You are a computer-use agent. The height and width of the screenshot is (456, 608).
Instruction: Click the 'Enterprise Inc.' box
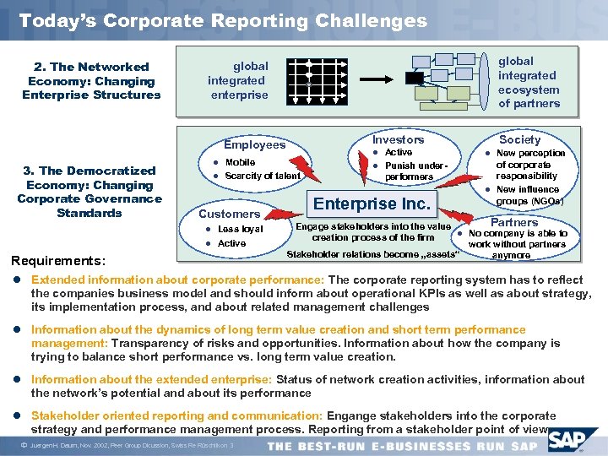pos(372,204)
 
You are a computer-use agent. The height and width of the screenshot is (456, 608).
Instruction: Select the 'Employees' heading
pos(254,144)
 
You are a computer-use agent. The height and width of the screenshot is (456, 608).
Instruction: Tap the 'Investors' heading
pos(398,139)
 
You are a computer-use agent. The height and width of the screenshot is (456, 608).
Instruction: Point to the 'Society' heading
pos(519,139)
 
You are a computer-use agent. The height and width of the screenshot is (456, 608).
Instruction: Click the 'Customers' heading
pos(229,214)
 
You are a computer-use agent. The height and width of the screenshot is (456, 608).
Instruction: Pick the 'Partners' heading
pos(514,222)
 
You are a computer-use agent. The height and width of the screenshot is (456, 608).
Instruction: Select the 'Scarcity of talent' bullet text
pos(263,176)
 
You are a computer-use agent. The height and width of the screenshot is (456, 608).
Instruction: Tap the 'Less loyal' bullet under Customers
pos(240,229)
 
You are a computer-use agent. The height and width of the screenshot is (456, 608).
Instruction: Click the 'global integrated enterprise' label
pos(238,80)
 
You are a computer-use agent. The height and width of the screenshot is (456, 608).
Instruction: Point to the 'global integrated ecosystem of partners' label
pos(529,82)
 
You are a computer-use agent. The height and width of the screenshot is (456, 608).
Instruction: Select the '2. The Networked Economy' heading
pos(91,80)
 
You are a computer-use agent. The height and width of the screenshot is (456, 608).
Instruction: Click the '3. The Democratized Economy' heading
pos(89,192)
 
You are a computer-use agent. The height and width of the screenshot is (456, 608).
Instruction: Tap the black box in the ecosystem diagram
pos(414,78)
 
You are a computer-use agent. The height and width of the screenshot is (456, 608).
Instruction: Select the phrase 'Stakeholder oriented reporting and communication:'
pos(176,415)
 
